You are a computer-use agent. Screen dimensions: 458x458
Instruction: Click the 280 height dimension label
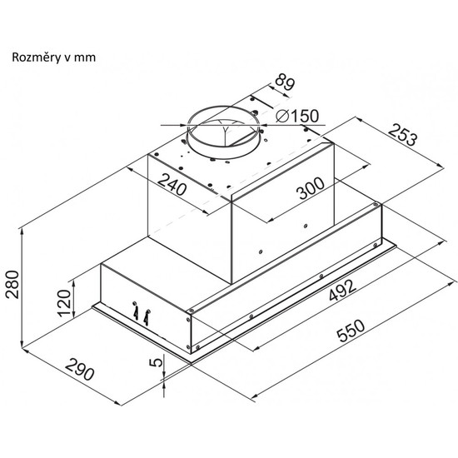pyautogui.click(x=12, y=285)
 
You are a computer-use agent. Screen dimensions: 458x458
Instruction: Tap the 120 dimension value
pyautogui.click(x=65, y=303)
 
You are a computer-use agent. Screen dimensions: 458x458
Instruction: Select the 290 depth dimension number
pyautogui.click(x=80, y=370)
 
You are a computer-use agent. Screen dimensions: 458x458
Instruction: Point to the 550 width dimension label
pyautogui.click(x=351, y=331)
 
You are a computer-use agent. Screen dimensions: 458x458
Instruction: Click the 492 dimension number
pyautogui.click(x=342, y=290)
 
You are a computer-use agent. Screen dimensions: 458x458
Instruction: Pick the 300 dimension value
pyautogui.click(x=311, y=188)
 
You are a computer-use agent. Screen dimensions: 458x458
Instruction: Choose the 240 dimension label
pyautogui.click(x=172, y=185)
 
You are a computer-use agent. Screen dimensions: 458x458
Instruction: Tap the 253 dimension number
pyautogui.click(x=403, y=135)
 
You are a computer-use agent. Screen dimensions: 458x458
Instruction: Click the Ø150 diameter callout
pyautogui.click(x=296, y=117)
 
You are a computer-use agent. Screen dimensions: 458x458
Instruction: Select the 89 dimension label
pyautogui.click(x=285, y=82)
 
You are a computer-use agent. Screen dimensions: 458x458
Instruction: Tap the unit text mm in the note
pyautogui.click(x=85, y=58)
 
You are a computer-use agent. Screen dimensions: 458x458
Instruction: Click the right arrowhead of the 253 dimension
pyautogui.click(x=441, y=166)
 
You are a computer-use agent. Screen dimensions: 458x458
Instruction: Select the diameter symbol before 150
pyautogui.click(x=282, y=117)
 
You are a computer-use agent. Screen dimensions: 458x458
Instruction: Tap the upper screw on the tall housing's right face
pyautogui.click(x=306, y=226)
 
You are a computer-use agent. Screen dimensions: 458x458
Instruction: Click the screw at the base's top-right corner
pyautogui.click(x=376, y=205)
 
